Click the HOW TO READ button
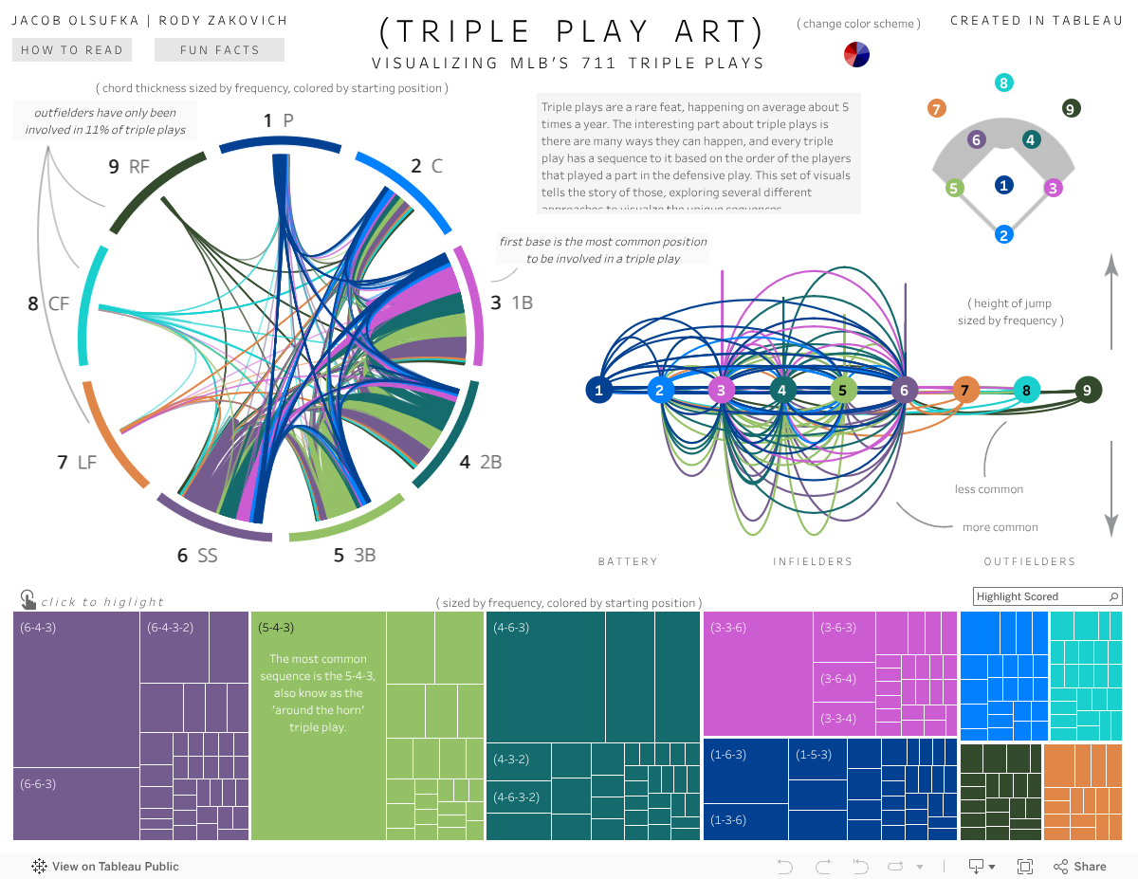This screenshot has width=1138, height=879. coord(72,50)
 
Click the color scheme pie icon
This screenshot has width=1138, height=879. coord(856,55)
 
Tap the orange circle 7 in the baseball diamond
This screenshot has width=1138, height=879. coord(936,108)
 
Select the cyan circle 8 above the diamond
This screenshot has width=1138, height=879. coord(1003,82)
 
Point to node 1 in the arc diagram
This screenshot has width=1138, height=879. coord(598,390)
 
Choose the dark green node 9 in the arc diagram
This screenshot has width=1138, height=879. coord(1087,389)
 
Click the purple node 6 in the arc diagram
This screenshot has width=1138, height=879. coord(904,390)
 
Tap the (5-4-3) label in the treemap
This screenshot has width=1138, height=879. coord(276,628)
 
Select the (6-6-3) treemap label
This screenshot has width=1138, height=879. coord(38,784)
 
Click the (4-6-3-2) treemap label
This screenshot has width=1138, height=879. coord(517,797)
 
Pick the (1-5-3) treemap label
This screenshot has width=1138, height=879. coord(814,755)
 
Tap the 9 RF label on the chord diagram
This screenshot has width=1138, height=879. coord(129,167)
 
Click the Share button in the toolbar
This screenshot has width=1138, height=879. coord(1080,866)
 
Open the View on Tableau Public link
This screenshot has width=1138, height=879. coord(105,866)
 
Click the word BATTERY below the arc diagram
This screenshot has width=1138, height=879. coord(627,561)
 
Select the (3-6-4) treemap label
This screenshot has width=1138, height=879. coord(838,679)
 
